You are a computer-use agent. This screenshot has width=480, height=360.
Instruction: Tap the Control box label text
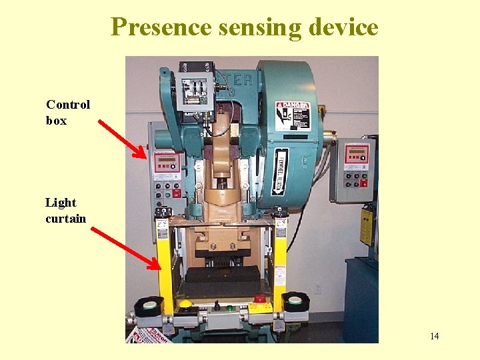[67, 113]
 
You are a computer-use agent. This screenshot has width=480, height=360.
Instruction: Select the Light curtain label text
[65, 211]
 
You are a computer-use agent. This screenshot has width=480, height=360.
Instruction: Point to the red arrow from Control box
[123, 139]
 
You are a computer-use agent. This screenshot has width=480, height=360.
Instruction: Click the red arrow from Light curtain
[126, 248]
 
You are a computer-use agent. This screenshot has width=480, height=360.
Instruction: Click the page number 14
[434, 336]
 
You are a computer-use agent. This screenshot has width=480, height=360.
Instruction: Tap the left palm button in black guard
[148, 305]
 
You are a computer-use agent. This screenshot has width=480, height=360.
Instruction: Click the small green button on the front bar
[229, 308]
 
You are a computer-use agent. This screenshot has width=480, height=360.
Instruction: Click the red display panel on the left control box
[164, 161]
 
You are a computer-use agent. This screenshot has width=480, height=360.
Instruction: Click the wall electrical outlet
[318, 289]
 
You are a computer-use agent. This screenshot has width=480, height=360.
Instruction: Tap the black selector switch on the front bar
[216, 305]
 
